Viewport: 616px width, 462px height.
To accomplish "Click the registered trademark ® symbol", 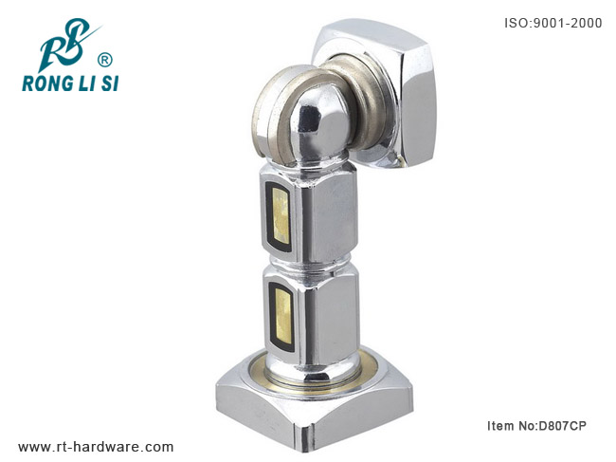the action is tap(104, 60).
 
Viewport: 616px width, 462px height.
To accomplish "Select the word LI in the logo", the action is tap(86, 83).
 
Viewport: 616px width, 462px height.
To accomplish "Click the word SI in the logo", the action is tap(110, 83).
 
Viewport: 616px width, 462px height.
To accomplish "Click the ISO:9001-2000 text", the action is tap(553, 23).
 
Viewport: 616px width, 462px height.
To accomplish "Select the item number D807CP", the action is tap(562, 425).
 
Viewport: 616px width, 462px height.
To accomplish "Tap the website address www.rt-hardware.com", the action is tap(96, 447).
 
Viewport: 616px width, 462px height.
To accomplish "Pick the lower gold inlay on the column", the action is tap(282, 314).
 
